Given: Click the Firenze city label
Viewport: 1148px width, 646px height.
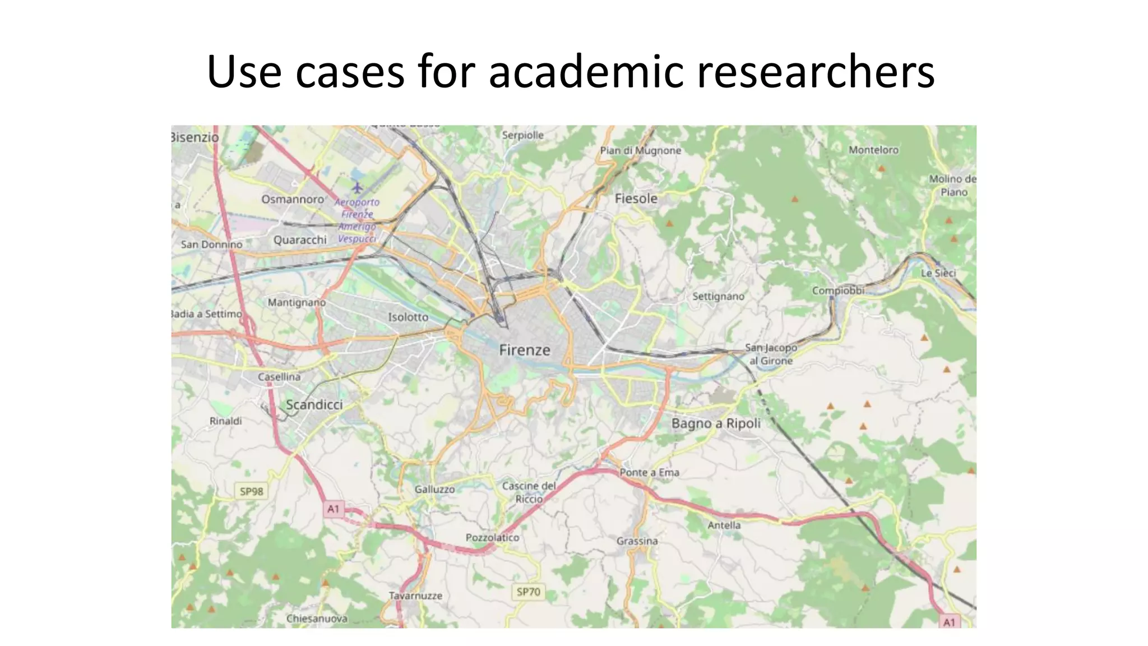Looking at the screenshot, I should (x=525, y=350).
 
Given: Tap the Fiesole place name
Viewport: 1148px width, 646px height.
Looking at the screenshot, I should (x=636, y=199).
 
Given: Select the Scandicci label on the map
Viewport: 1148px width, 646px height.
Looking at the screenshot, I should (x=314, y=405).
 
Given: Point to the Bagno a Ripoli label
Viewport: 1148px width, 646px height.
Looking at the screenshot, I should (x=716, y=423).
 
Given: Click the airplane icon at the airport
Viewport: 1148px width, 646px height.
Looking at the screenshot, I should (x=357, y=187).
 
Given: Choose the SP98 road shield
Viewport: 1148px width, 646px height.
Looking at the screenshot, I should (x=251, y=492).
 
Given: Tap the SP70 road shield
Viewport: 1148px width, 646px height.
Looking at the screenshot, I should (x=528, y=592).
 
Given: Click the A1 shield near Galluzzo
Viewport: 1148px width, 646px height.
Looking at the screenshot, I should (x=333, y=509).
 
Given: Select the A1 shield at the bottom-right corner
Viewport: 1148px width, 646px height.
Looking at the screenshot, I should (x=948, y=622).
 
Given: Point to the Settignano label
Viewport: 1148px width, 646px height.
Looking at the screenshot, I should (x=718, y=296).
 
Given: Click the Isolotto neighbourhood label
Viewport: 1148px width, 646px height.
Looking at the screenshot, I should (x=408, y=317).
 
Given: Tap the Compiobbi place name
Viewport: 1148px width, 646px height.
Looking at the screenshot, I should (x=838, y=290).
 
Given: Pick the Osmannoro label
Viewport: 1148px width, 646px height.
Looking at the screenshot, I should (x=293, y=200).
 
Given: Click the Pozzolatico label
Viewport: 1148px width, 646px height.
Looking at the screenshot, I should (x=492, y=537).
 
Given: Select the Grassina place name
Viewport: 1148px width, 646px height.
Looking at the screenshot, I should (x=637, y=541).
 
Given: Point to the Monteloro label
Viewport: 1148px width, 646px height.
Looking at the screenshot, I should (x=873, y=150).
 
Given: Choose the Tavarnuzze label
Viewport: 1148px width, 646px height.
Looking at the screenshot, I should (x=415, y=596).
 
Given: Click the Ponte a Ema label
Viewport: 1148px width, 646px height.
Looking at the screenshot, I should (x=649, y=473).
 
